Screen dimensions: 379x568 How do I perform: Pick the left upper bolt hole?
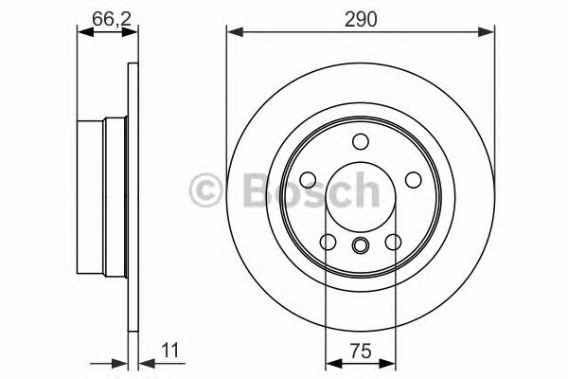tap(308, 180)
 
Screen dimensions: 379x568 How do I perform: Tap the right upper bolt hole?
tap(412, 180)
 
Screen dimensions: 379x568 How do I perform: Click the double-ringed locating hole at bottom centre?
tap(360, 247)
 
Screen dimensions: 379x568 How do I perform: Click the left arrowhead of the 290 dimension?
tap(233, 34)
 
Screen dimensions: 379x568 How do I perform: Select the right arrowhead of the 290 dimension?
tap(488, 34)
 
